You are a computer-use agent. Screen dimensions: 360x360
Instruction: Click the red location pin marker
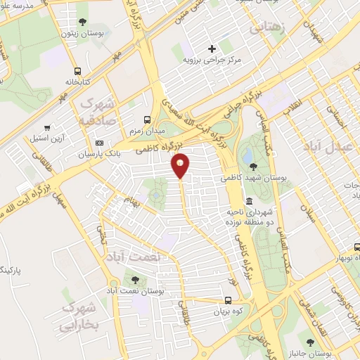181,165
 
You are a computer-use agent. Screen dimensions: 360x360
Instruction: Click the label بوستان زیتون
78,33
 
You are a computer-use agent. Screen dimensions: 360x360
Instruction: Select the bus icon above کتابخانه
77,70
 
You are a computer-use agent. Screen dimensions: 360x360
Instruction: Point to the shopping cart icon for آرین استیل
47,128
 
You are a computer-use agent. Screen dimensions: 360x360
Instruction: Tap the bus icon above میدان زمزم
147,119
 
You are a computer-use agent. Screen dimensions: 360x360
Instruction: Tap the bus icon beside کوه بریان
217,300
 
